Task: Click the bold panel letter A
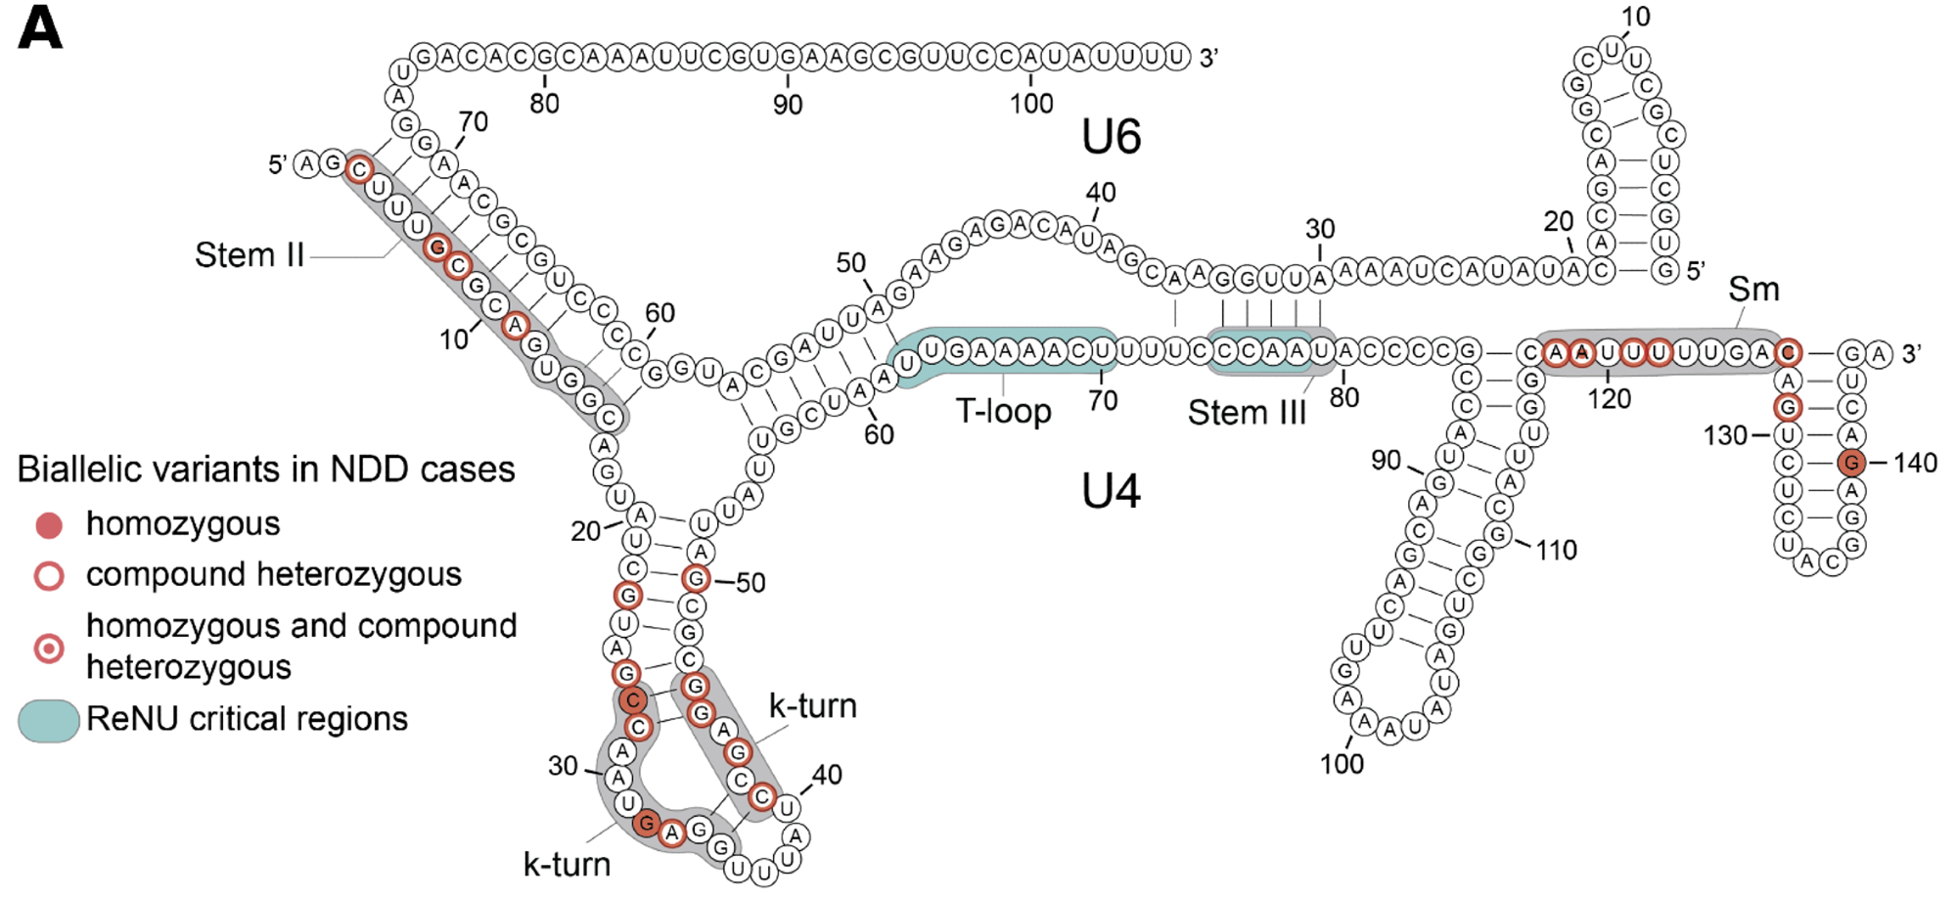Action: [40, 28]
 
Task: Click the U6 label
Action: [1111, 137]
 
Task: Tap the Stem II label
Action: [250, 255]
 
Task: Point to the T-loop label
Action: [1003, 411]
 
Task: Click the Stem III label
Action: [1247, 413]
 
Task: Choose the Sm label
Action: [1752, 290]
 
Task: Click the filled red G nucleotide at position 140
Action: [1850, 463]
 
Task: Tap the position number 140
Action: [1915, 463]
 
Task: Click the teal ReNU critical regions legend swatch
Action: [49, 721]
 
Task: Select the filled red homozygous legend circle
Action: [49, 525]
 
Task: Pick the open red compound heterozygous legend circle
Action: [49, 575]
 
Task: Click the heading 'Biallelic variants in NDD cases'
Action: [266, 470]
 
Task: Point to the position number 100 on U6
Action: [1031, 104]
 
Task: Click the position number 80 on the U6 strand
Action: [544, 104]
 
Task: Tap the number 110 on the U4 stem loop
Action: [1556, 551]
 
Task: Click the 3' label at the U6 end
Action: [1209, 59]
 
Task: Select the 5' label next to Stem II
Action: [277, 164]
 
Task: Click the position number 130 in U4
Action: [1724, 435]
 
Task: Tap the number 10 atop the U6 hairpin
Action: [1635, 17]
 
